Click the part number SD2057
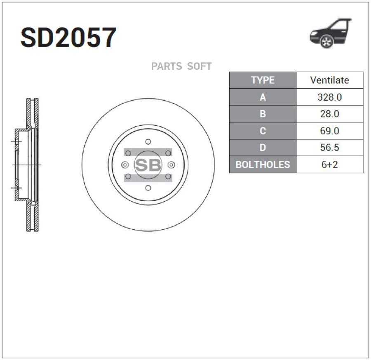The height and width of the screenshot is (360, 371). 68,38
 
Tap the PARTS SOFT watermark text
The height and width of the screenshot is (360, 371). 181,66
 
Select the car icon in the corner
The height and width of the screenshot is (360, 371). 330,33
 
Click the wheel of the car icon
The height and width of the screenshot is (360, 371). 327,41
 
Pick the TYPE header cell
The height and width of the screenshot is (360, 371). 263,80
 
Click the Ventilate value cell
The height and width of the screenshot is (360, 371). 330,80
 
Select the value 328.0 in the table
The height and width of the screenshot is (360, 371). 330,97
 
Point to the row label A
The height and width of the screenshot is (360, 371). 263,97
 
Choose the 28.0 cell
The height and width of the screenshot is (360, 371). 330,114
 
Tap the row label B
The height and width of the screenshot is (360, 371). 263,114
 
